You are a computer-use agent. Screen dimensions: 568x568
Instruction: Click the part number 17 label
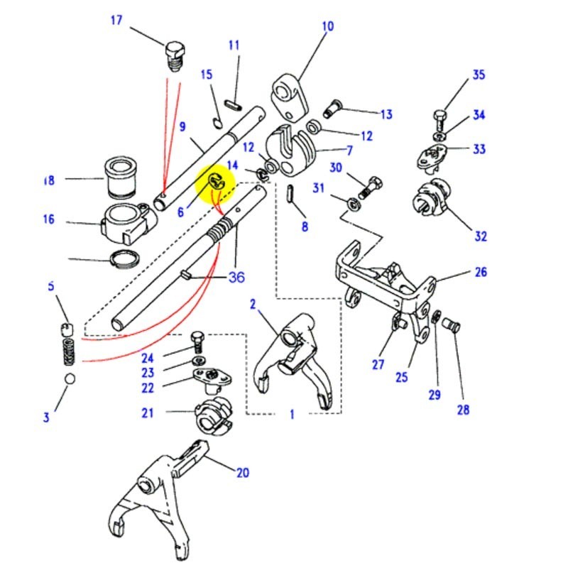tap(116, 20)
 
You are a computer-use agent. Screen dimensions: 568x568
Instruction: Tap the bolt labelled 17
tap(173, 54)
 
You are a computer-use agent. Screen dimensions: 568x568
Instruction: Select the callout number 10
tap(327, 27)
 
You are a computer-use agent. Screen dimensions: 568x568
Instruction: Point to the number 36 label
tap(236, 277)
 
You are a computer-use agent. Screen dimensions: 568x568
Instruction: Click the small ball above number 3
tap(70, 379)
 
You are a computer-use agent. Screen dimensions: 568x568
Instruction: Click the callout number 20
tap(243, 474)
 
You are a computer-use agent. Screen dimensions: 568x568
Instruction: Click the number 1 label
tap(292, 415)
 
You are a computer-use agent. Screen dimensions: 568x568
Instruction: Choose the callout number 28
tap(463, 410)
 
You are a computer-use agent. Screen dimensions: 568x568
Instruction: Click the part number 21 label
tap(147, 413)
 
